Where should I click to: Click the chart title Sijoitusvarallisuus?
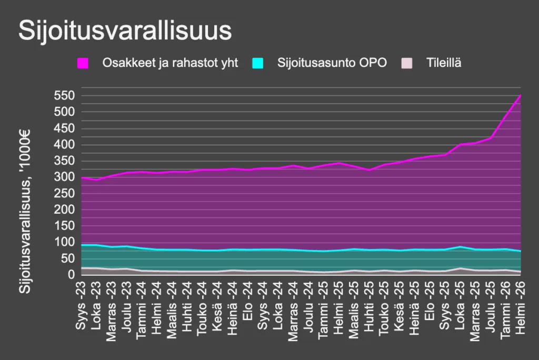(x=125, y=31)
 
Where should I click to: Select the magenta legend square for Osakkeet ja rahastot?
(x=82, y=63)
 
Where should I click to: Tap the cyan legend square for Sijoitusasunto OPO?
(x=257, y=63)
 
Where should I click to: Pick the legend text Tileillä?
(x=444, y=63)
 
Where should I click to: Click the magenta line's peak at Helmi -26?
(x=520, y=95)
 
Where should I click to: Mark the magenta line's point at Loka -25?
(x=461, y=144)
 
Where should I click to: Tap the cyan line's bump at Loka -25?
(x=461, y=246)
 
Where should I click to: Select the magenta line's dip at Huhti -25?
(x=370, y=169)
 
